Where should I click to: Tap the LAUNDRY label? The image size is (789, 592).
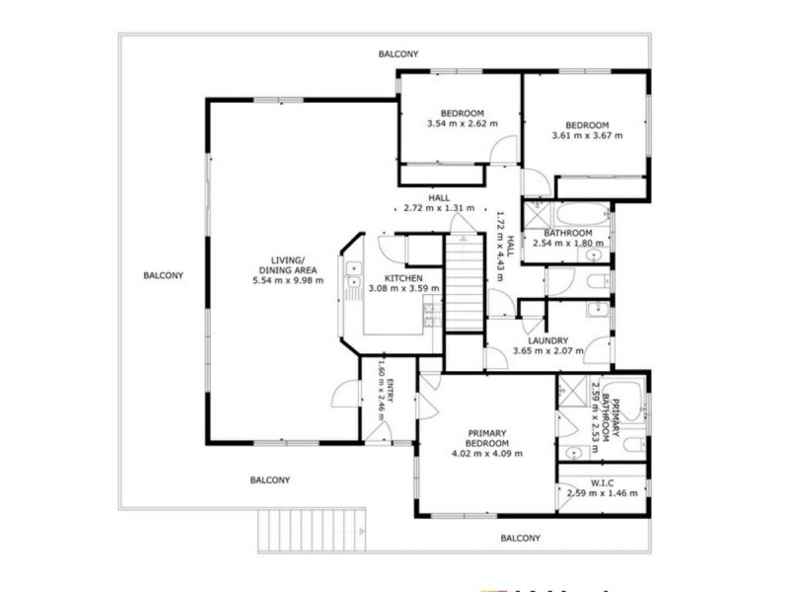tap(547, 340)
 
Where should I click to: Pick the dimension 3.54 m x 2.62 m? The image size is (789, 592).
tap(462, 124)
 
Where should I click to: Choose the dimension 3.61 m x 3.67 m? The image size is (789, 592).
tap(587, 135)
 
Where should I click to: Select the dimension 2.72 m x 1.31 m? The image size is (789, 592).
tap(439, 208)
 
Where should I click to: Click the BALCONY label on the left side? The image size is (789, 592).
tap(163, 275)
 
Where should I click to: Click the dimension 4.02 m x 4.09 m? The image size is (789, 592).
tap(486, 454)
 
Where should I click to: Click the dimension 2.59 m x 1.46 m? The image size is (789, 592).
tap(602, 492)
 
